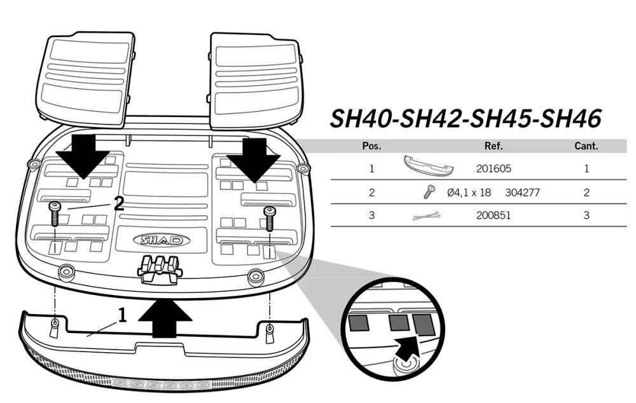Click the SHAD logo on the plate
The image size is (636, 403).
tap(162, 240)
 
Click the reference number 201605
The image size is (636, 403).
tap(494, 168)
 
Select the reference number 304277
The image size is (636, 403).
tap(522, 193)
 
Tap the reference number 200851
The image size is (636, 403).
tap(494, 215)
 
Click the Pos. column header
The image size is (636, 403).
tap(371, 146)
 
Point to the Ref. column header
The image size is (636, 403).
tap(494, 146)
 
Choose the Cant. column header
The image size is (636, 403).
tap(586, 146)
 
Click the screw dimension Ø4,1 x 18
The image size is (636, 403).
tap(469, 193)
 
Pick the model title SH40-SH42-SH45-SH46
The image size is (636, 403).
tap(466, 119)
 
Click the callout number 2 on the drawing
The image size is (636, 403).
tap(118, 203)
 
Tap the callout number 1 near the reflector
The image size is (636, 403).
tap(122, 315)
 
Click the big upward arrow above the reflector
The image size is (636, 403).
tap(165, 318)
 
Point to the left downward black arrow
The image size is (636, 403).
tap(83, 156)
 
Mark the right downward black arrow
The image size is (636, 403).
tap(254, 161)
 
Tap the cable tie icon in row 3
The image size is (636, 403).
tap(426, 215)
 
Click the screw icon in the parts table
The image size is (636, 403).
tap(428, 192)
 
